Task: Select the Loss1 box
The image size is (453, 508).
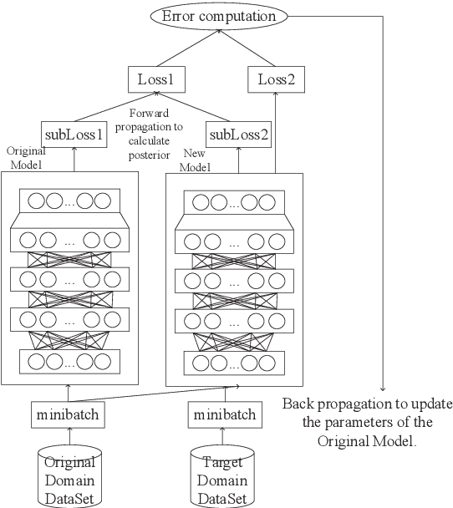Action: click(155, 81)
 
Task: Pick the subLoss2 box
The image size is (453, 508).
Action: click(239, 134)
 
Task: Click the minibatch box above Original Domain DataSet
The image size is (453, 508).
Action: click(69, 413)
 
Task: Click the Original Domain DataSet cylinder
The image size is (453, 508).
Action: click(69, 475)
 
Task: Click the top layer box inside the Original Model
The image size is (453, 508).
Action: click(69, 201)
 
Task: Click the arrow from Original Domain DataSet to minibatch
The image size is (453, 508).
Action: click(69, 435)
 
